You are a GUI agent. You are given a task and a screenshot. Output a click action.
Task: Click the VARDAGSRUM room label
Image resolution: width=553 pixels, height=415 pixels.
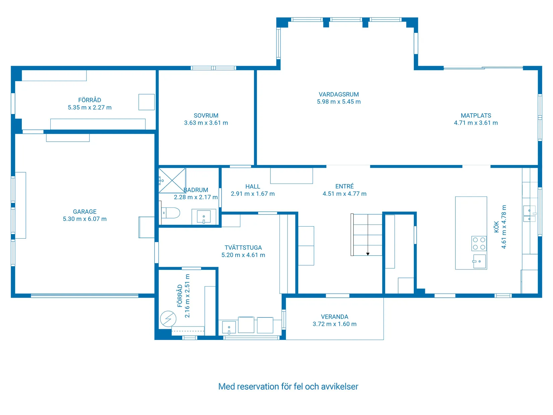tap(339, 95)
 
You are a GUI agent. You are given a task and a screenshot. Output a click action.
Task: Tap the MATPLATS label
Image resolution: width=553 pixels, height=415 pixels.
tap(476, 116)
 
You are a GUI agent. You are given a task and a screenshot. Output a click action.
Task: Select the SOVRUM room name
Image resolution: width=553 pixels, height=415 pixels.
tap(206, 116)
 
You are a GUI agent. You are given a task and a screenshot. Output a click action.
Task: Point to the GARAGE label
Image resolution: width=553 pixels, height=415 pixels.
tap(85, 212)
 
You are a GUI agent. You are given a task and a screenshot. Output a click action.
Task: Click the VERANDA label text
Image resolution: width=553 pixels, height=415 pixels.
tap(334, 317)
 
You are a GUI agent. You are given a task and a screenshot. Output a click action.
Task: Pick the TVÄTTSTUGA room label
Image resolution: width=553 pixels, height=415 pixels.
tap(243, 248)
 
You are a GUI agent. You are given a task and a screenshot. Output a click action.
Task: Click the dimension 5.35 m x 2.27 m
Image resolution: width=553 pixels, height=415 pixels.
tap(89, 108)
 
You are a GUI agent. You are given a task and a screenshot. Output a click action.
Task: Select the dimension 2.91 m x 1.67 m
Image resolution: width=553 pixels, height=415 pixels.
tap(253, 194)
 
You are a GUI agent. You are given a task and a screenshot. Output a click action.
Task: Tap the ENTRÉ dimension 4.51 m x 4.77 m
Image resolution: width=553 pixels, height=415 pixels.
tap(345, 194)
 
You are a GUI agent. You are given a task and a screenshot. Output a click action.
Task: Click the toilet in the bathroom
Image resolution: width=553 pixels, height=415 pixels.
tap(170, 213)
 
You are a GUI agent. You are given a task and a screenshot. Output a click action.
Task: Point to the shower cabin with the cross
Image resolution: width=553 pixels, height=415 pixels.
tap(172, 180)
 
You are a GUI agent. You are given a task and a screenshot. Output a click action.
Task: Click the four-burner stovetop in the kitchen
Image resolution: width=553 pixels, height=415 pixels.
tap(479, 243)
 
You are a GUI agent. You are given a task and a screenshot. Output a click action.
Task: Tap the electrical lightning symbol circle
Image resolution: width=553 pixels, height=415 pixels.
tap(168, 319)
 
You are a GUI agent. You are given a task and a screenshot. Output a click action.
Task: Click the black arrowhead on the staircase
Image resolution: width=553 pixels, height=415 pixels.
tap(368, 254)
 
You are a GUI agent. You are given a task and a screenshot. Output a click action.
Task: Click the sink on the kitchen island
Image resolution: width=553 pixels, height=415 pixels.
tap(479, 261)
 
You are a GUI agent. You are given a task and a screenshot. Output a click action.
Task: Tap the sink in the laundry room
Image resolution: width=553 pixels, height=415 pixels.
tap(229, 328)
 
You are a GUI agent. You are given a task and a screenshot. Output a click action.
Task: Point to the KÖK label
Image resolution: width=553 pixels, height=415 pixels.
tap(496, 227)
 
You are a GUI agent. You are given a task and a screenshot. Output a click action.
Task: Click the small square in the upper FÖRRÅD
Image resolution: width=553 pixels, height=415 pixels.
tap(146, 102)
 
